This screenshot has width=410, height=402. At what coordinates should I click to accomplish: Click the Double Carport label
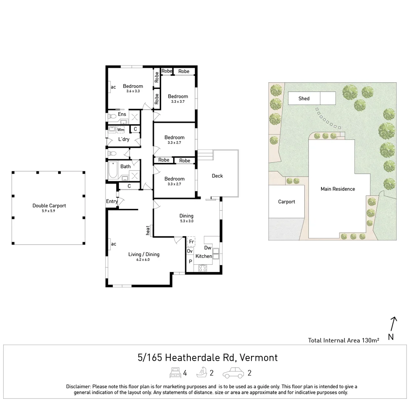point(49,205)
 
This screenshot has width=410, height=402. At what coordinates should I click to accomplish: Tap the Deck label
point(217,176)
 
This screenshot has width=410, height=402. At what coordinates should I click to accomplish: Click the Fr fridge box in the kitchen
point(191,242)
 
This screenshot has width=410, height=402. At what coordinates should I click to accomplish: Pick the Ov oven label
point(190,251)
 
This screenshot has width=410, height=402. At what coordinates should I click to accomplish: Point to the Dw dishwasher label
point(208,248)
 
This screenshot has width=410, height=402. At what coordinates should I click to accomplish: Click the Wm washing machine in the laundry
point(121,130)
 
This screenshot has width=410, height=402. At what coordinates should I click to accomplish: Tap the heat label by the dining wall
point(148,230)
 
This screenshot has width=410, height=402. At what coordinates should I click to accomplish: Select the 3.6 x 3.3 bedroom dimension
point(133,91)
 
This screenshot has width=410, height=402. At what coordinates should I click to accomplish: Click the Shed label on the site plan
point(304,99)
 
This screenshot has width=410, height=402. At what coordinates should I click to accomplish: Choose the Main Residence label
point(338,189)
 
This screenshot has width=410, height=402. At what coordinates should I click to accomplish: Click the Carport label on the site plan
point(286,202)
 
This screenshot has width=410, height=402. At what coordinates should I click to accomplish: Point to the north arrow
point(393,324)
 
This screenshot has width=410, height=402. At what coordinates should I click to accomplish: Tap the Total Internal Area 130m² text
point(343,340)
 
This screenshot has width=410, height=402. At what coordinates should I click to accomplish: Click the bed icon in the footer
point(175,373)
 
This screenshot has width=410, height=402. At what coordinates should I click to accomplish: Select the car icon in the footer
point(233,373)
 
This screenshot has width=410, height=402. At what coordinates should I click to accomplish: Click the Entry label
point(112,201)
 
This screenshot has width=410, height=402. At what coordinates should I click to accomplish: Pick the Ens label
point(122,114)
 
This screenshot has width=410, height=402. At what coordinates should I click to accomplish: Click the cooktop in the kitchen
point(203,268)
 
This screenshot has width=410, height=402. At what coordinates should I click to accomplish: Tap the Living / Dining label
point(144,254)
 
